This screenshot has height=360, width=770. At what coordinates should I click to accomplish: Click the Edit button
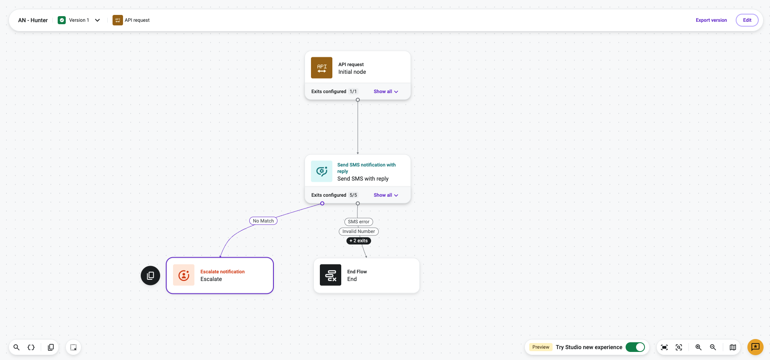coord(747,20)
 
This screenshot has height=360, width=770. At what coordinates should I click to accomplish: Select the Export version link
coord(711,20)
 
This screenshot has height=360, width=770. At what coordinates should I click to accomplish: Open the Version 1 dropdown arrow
coord(97,20)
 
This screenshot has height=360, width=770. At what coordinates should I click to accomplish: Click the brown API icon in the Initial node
coord(321,68)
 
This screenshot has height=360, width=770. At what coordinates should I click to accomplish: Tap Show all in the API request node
coord(386,92)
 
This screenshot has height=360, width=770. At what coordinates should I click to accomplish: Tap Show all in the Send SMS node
coord(386,195)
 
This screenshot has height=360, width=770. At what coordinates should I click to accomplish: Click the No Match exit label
coord(263,221)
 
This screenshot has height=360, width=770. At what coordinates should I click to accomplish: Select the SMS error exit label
coord(359,222)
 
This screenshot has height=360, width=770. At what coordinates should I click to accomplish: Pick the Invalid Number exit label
coord(359,231)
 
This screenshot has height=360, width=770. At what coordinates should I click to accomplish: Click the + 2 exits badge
coord(359,241)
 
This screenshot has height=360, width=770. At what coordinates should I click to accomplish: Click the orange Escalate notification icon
coord(184,275)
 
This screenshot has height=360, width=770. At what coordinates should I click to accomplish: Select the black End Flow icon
coord(330,275)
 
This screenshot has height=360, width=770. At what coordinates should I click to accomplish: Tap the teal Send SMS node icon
coord(321,171)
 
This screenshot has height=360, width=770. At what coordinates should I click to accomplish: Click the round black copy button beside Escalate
coord(150,275)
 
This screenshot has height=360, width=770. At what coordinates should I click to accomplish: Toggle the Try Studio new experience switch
coord(635,347)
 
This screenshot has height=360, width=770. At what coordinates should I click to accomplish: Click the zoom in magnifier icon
coord(699,347)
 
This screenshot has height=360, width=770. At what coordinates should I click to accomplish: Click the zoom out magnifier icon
coord(713,347)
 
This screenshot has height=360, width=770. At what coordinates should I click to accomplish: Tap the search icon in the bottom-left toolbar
coord(17,347)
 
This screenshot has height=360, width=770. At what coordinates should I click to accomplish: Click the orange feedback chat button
coord(755,347)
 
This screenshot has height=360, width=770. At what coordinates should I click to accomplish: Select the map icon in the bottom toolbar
coord(733,347)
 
